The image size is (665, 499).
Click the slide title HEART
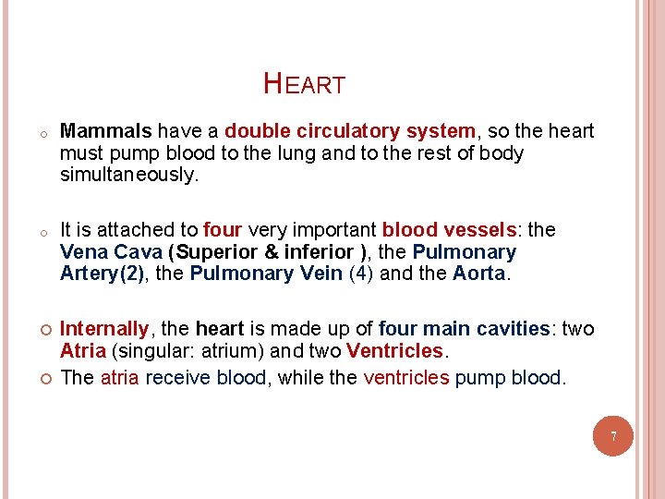pos(304,85)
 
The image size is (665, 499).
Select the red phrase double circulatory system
pos(349,131)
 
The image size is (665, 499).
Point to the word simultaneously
pos(129,176)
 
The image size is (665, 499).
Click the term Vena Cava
pos(111,251)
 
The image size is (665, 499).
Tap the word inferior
pos(319,251)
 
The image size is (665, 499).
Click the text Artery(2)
pos(102,274)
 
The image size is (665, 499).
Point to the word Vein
pos(320,274)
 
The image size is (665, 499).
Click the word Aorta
pos(479,274)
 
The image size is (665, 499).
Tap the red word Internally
pos(103,329)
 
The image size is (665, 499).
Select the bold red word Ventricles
pos(395,351)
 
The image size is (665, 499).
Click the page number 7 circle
pos(612,434)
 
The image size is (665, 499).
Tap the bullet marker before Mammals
pos(30,133)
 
